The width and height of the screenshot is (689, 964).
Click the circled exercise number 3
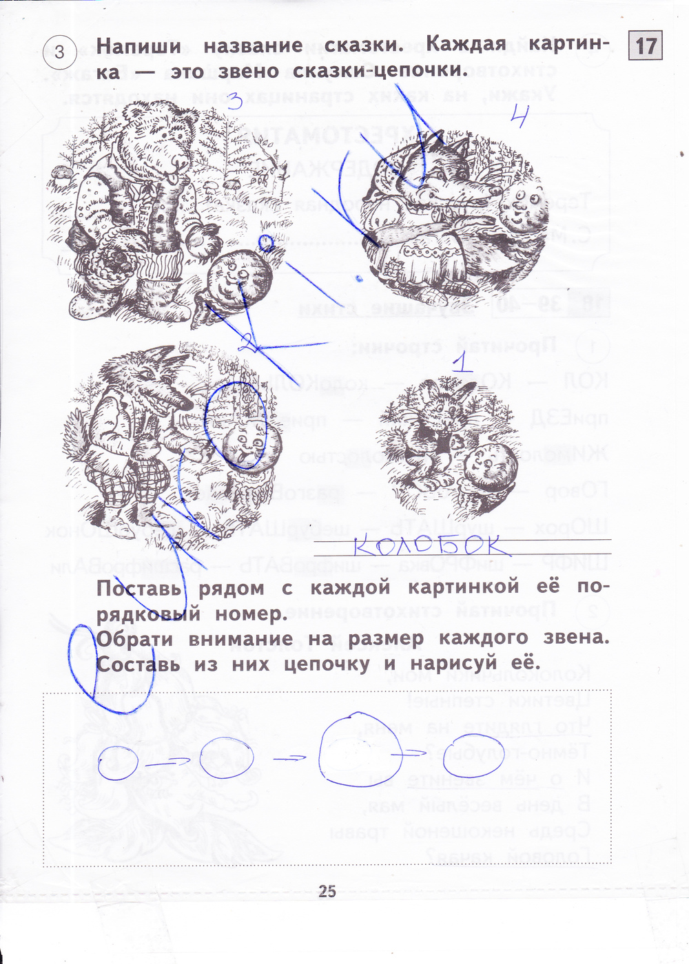[x=60, y=52]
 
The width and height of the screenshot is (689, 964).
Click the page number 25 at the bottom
[x=327, y=891]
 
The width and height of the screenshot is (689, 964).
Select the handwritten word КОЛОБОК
[x=431, y=546]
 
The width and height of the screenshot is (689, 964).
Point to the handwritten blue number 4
[x=518, y=118]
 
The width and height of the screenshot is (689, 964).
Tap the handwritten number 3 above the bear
[x=234, y=103]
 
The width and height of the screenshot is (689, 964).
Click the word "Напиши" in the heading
[x=138, y=47]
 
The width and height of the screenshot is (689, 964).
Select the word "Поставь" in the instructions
[x=138, y=589]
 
